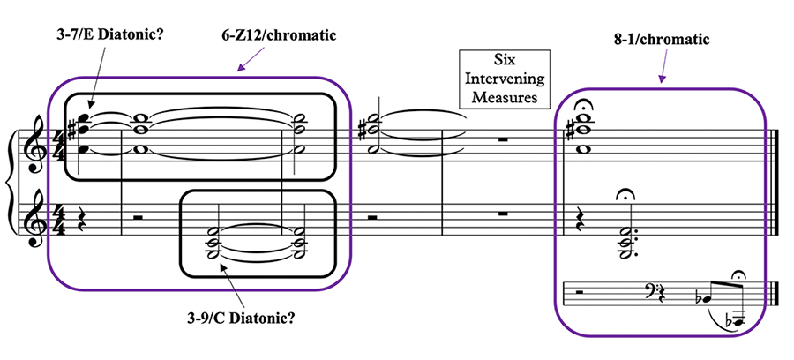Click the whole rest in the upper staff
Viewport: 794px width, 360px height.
coord(502,140)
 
